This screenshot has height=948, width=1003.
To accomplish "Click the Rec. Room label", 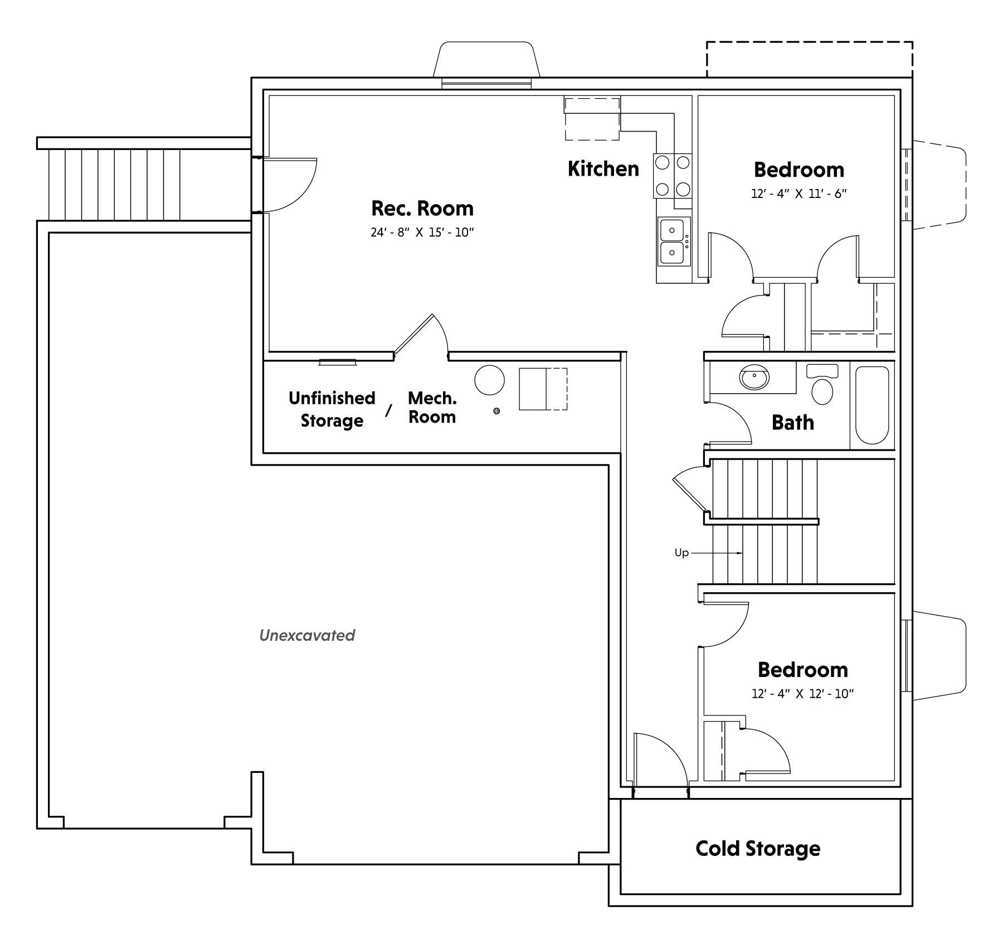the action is (x=422, y=209).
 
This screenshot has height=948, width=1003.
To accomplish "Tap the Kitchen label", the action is (x=603, y=169).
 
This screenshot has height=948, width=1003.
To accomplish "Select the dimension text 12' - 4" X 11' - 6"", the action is (x=798, y=194).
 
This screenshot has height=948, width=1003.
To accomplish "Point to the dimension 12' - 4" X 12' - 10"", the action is (x=802, y=694).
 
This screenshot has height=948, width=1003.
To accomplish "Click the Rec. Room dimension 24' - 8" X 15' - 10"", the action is (x=422, y=233).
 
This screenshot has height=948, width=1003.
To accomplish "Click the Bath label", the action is (x=792, y=423).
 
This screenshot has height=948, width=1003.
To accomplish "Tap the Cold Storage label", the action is (x=758, y=849).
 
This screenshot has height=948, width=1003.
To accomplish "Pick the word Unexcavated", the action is (x=307, y=635).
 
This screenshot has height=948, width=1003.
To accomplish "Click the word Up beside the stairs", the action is (x=681, y=553).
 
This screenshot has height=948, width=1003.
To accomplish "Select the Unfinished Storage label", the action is (x=332, y=409).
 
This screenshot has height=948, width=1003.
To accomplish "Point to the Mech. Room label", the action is (x=432, y=408).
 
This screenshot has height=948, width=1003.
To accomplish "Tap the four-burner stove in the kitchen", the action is (x=673, y=176).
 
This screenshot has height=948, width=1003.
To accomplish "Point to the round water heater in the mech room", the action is (x=489, y=380).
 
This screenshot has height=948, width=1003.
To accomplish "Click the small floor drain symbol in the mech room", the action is (x=496, y=411).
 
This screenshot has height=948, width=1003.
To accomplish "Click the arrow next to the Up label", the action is (x=718, y=553).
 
